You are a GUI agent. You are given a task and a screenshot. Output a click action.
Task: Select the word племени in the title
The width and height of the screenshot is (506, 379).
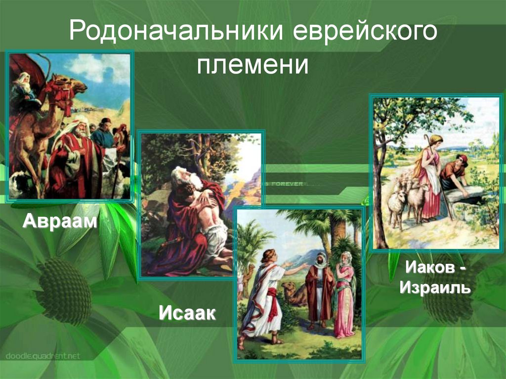pos(253,65)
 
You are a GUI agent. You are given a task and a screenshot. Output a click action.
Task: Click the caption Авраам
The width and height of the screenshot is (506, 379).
pos(59,221)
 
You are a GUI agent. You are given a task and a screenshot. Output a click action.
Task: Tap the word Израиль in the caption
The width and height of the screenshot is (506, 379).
pos(435,287)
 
